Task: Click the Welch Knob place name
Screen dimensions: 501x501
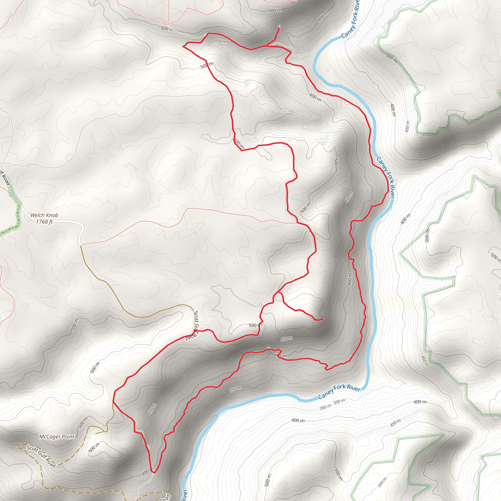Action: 44,215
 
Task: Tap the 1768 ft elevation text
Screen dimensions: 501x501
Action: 44,222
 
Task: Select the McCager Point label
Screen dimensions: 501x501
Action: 57,437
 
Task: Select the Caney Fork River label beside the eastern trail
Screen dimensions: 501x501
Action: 385,178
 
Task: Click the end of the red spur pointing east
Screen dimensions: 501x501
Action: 323,319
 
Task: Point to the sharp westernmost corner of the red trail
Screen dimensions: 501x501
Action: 183,46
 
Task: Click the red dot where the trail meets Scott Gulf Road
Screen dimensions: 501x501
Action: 194,331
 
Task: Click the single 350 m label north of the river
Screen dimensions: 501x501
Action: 236,389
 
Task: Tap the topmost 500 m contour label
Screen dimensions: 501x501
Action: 275,10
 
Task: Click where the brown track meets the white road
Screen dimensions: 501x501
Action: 80,245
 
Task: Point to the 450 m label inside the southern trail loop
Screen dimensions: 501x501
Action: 152,409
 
